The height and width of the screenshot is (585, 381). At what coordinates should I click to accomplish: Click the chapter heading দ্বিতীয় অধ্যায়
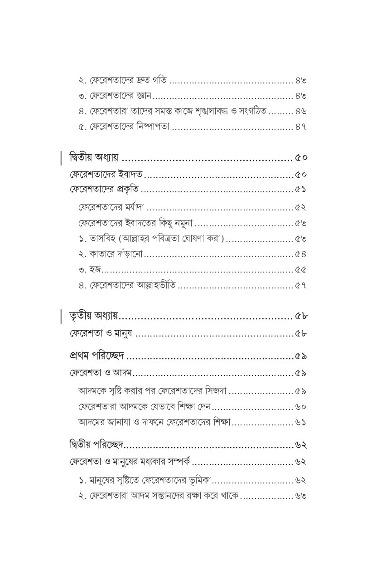click(x=94, y=158)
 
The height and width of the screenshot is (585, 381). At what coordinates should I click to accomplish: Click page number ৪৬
click(x=300, y=111)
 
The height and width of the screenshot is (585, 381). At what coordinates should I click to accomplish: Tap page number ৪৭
click(x=300, y=127)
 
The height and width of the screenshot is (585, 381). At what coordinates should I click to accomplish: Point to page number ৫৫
click(x=300, y=269)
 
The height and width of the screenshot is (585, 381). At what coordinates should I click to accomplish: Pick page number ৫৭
click(x=300, y=286)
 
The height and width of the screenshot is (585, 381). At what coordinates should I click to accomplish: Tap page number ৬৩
click(x=300, y=495)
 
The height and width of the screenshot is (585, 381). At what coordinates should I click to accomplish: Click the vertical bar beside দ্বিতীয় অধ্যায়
click(x=61, y=158)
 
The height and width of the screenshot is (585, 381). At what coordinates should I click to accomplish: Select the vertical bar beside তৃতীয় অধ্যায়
click(x=61, y=316)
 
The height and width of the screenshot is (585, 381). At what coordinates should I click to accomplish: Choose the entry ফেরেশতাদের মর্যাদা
click(x=111, y=208)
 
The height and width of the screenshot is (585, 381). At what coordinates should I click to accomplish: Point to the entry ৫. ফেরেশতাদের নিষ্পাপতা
click(x=123, y=127)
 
